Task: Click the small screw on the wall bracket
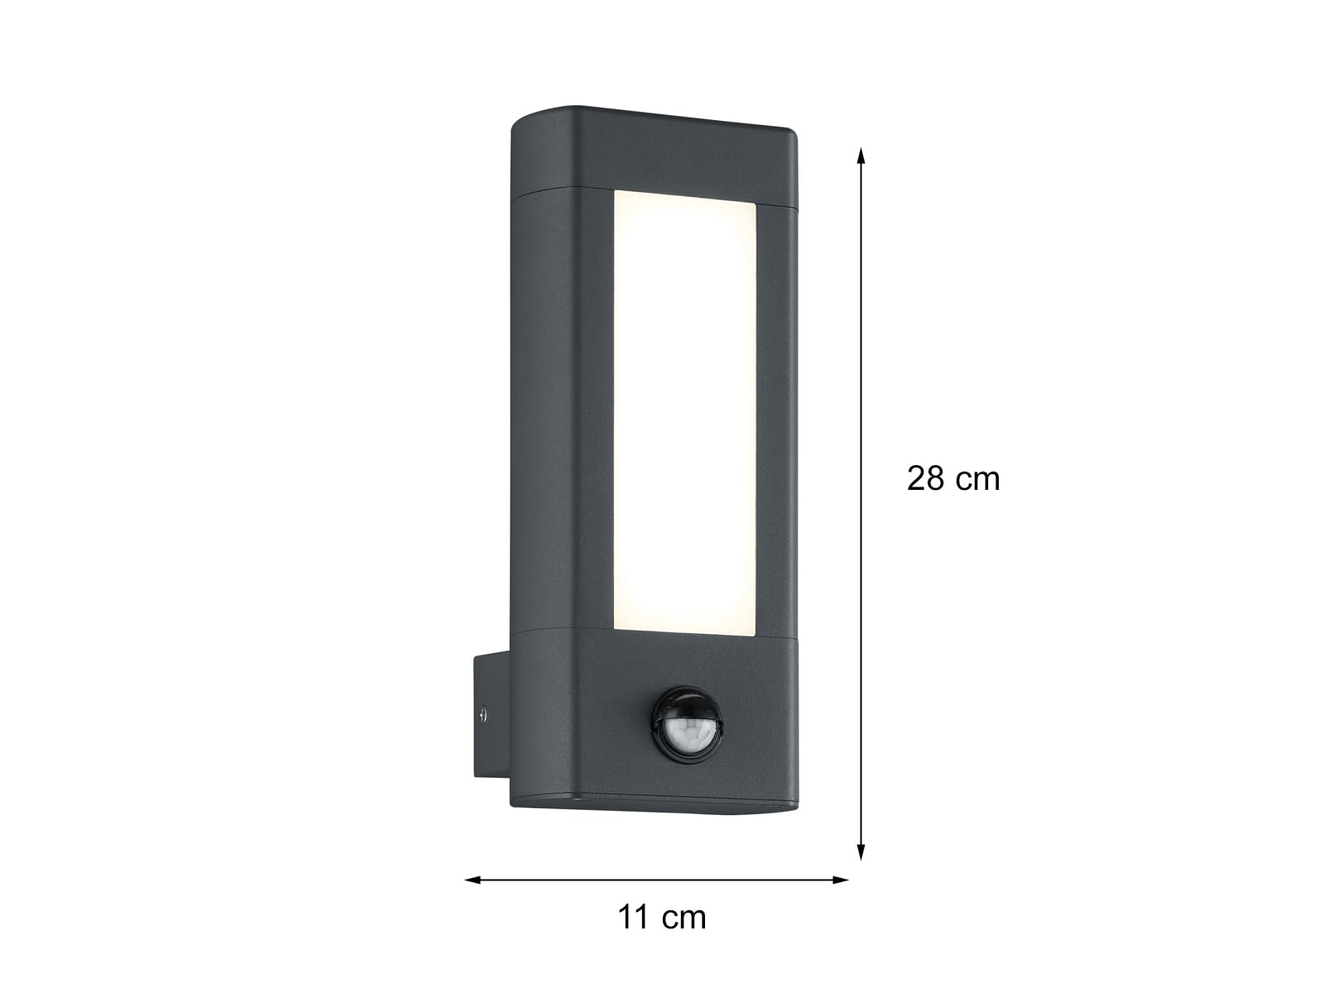(482, 714)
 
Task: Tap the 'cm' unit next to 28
(978, 481)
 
